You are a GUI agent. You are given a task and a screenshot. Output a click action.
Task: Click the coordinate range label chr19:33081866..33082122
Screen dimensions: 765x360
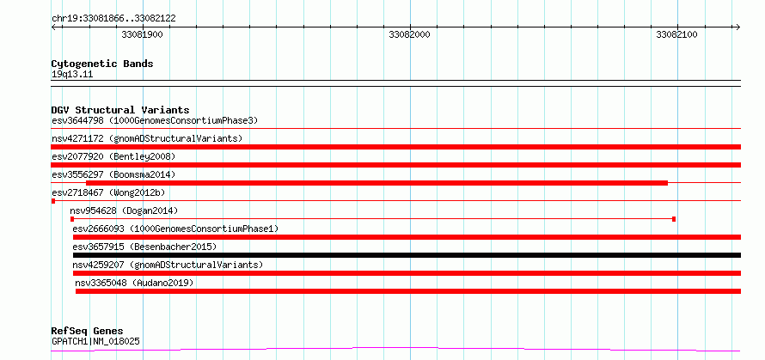(x=113, y=19)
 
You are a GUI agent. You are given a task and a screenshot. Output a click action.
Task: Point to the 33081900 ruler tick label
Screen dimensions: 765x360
(x=143, y=34)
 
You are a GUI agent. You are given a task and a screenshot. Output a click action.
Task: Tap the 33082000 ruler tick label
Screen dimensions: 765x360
(x=410, y=34)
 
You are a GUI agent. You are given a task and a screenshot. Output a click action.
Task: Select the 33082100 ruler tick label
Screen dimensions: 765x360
(x=676, y=34)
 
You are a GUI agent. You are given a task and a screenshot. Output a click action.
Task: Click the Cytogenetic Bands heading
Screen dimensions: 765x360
(x=102, y=64)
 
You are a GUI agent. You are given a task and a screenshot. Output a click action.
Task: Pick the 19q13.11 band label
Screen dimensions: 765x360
(x=72, y=75)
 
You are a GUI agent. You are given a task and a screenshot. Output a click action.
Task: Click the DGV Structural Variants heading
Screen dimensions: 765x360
(x=120, y=110)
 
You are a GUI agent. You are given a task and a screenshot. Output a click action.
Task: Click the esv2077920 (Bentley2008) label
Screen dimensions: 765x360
(x=113, y=156)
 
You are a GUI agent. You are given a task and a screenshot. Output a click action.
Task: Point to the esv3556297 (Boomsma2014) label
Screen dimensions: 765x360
(x=113, y=174)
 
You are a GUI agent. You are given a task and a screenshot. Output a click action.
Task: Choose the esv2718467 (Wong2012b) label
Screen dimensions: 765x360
(x=108, y=192)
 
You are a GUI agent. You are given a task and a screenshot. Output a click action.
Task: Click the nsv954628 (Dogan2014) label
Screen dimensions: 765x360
(x=124, y=211)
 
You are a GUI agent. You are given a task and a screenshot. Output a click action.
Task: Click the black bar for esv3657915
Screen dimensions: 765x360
(x=407, y=255)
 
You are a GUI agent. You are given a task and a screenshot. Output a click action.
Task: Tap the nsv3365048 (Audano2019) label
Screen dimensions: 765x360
(x=134, y=283)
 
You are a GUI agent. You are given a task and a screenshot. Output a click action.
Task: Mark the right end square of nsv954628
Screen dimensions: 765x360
(x=674, y=219)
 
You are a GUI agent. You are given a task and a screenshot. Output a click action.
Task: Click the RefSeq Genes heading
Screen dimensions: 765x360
(x=88, y=332)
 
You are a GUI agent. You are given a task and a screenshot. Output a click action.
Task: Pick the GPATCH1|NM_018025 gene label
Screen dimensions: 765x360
(x=95, y=341)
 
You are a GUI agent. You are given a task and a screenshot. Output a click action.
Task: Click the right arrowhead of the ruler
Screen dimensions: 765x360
(x=737, y=27)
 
